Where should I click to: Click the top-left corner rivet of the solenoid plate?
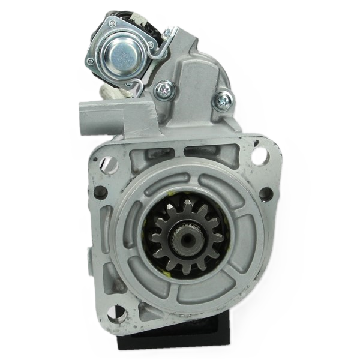coord(110,23)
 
